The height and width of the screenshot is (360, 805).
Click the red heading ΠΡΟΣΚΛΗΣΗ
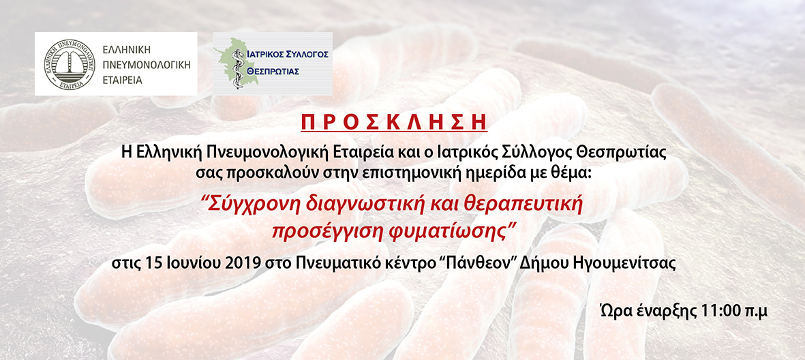tap(393, 123)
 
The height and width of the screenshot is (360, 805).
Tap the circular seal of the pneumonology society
tap(70, 64)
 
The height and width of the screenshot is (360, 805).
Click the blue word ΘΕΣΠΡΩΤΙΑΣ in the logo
tap(273, 72)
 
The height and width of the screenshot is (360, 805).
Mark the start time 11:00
tap(716, 311)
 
